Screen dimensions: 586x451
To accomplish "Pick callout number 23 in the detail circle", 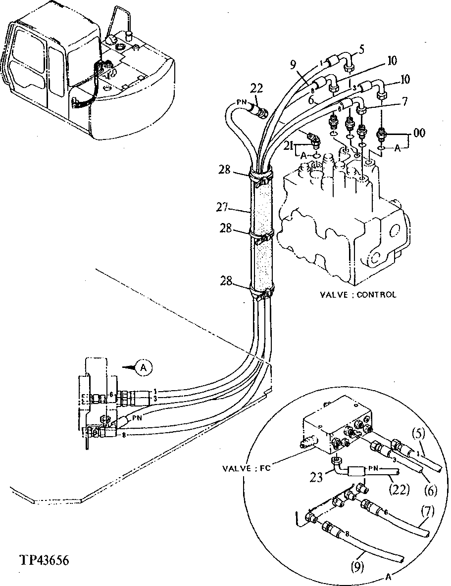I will pyautogui.click(x=317, y=477).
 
